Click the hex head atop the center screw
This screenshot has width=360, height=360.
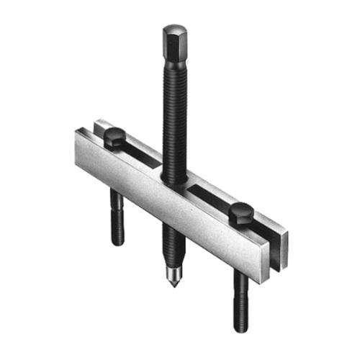coord(174,38)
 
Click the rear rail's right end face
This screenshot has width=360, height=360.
coord(284,241)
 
